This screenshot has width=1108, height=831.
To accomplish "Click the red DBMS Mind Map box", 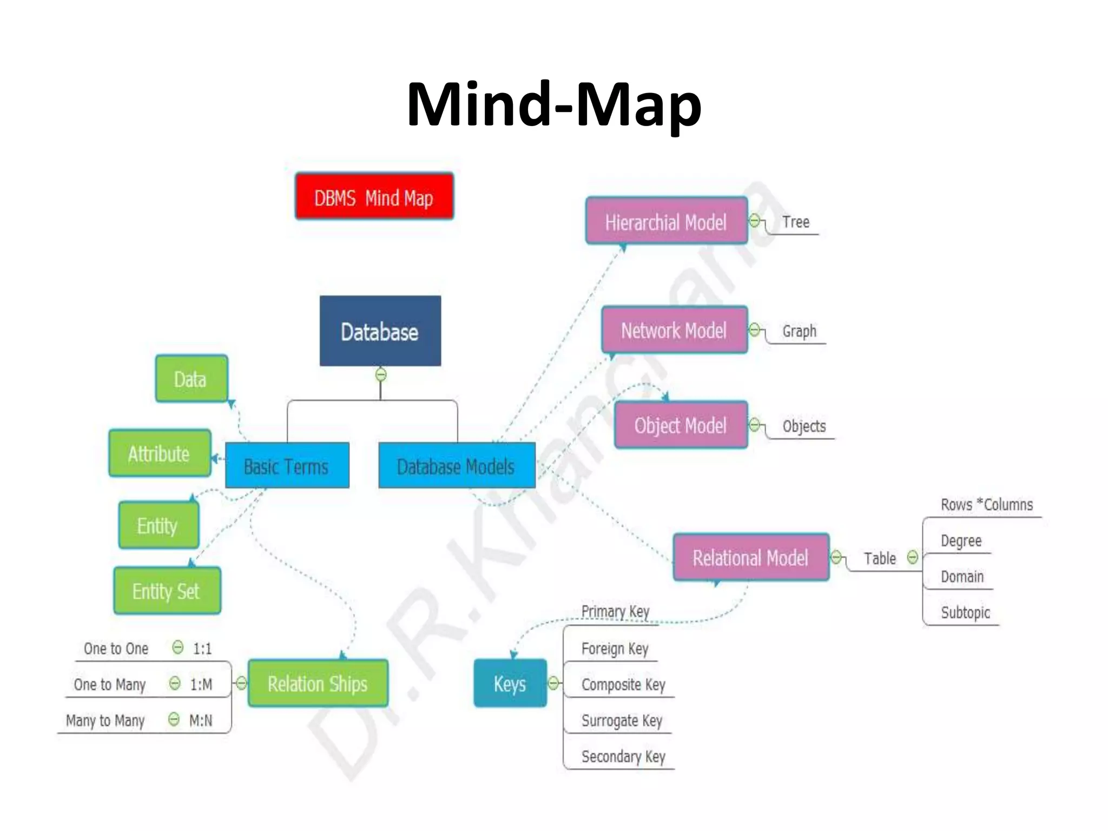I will [x=374, y=196].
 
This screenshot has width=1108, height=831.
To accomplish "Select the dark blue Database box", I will [x=380, y=331].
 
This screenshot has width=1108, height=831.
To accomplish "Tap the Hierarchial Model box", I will [x=667, y=221].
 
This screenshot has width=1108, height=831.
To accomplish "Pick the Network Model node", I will [x=674, y=330].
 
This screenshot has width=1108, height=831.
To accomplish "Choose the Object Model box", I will [x=681, y=425].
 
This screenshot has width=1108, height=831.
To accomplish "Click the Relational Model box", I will [x=750, y=557].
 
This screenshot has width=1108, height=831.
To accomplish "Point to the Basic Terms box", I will [x=287, y=466].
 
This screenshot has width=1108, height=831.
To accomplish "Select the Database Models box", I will [x=457, y=466].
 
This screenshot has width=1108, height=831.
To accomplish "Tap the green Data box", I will [x=191, y=379].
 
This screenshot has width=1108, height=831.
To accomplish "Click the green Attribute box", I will [x=160, y=453].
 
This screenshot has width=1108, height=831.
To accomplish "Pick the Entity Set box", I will [x=167, y=591].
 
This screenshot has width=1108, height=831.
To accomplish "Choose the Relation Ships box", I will [x=318, y=683].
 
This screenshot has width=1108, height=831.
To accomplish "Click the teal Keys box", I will [x=510, y=683].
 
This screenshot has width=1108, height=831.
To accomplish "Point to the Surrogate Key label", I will [x=622, y=721].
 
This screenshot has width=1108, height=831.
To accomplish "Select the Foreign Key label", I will [x=615, y=648].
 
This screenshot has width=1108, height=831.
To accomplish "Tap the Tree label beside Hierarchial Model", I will [x=795, y=222].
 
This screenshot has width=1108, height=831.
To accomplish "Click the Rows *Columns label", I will [x=986, y=505].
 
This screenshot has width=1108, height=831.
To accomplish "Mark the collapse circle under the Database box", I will [x=381, y=374].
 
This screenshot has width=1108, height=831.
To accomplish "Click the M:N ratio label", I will [x=201, y=721].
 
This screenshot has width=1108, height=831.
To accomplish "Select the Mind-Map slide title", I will [x=553, y=104].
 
